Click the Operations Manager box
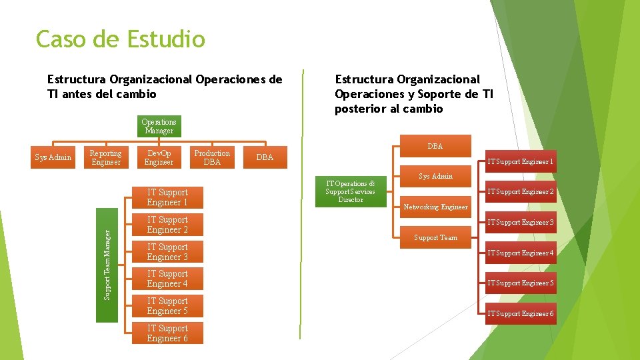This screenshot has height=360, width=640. pos(159,127)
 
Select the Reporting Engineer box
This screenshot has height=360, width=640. pos(106,158)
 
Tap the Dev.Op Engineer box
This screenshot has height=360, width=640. pos(159,158)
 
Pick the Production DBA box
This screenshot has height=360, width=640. pos(212,158)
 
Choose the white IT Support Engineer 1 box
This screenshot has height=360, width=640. pos(167,197)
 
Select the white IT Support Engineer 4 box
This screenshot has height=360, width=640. pos(167,279)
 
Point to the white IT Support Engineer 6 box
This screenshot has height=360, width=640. pos(167,333)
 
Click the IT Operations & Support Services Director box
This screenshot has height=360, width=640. pos(350,192)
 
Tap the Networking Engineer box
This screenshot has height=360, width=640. pos(435,207)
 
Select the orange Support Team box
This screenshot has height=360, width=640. pos(435,237)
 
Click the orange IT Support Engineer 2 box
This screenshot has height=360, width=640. pos(521,192)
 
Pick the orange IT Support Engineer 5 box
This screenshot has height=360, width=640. pos(521,283)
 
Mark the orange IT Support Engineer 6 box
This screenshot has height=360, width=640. pos(521,313)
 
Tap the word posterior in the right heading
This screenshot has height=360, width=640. pos(360,109)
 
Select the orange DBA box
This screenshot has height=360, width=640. pos(435,146)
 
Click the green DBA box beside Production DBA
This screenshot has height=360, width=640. pos(265,158)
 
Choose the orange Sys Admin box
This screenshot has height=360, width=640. pos(435,177)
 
